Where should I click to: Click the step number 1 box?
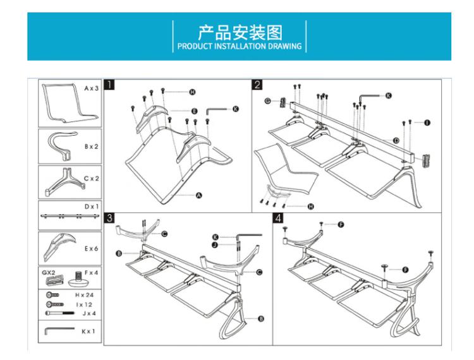[109, 85]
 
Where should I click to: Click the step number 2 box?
[257, 85]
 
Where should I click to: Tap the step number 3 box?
[109, 218]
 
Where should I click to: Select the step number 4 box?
[278, 218]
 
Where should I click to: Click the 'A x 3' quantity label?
[91, 88]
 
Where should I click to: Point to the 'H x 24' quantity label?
[84, 295]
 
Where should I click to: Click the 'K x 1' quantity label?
[88, 332]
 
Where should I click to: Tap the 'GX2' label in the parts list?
[49, 272]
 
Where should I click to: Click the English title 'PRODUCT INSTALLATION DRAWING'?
[240, 46]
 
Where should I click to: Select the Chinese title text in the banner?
[240, 33]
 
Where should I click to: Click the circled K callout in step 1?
[236, 109]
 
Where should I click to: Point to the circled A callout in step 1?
[198, 195]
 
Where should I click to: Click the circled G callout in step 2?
[267, 101]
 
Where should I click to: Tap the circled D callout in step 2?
[396, 140]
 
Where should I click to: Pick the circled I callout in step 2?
[427, 123]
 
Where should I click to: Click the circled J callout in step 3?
[215, 244]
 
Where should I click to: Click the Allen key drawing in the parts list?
[59, 330]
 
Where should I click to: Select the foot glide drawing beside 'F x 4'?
[78, 279]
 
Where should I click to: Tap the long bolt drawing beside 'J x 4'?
[59, 313]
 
